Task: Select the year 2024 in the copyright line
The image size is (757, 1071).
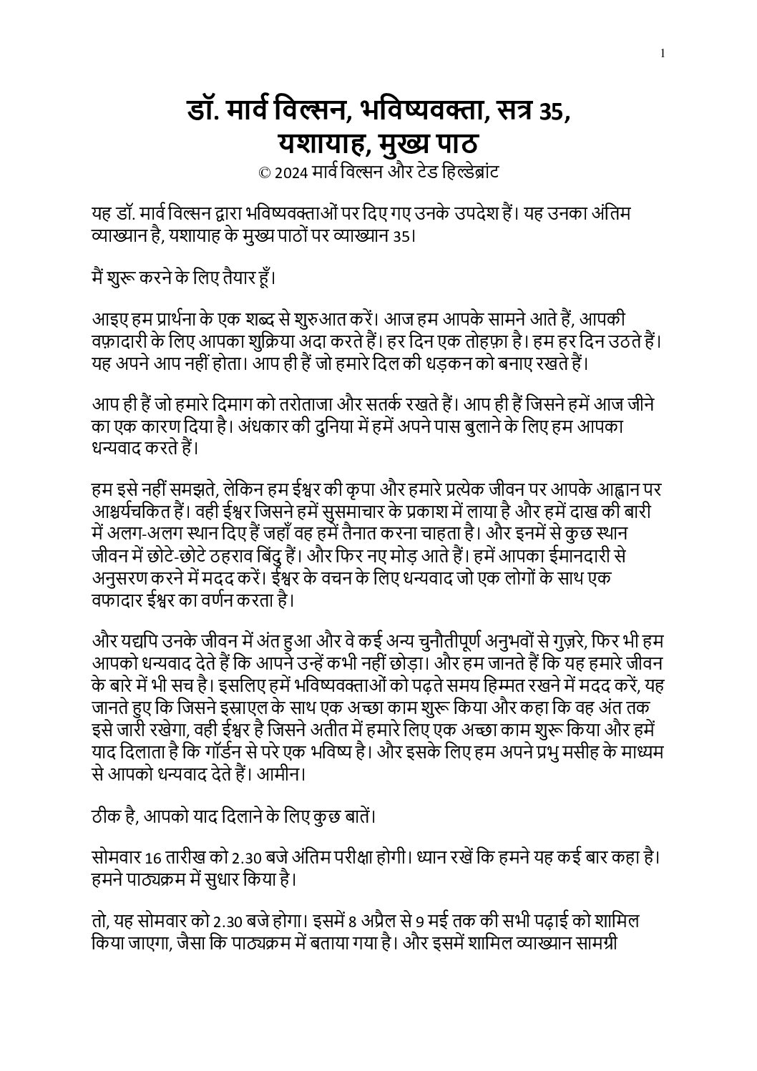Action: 289,172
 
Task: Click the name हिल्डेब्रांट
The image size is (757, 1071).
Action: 466,172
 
